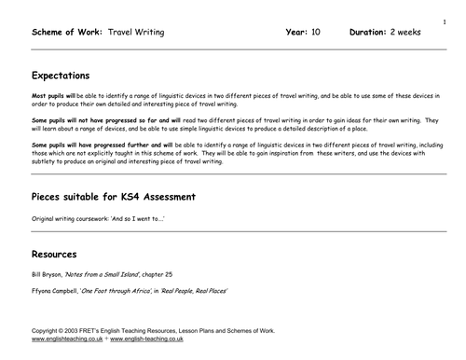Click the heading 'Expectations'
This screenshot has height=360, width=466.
(61, 76)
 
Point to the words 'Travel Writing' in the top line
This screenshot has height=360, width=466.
(135, 32)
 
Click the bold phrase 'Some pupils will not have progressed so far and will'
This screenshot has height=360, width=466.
(83, 120)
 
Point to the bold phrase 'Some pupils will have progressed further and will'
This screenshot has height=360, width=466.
(80, 145)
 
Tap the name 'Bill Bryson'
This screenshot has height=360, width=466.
(47, 273)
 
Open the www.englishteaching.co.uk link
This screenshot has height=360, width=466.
(66, 341)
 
